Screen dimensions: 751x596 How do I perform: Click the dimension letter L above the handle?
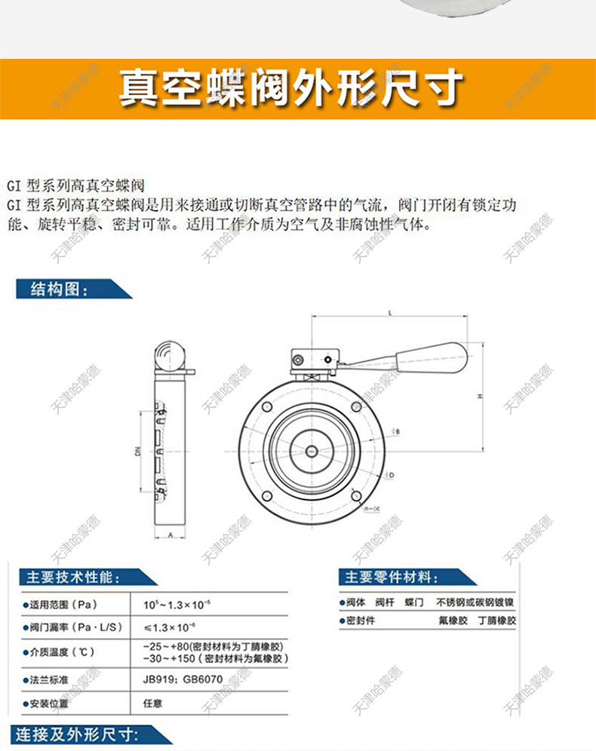[389, 312]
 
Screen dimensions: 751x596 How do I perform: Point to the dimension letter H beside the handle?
[481, 396]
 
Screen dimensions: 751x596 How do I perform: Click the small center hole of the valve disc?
[311, 452]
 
